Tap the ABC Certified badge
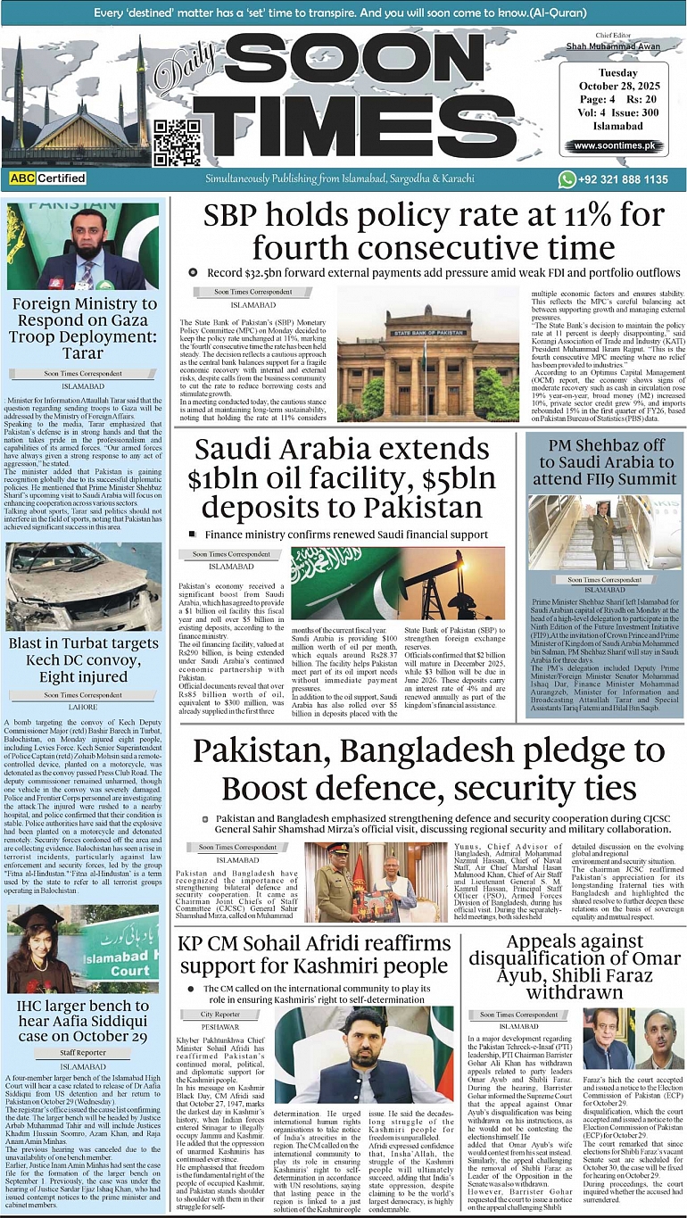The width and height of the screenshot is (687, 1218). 46,178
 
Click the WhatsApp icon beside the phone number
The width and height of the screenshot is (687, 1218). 567,178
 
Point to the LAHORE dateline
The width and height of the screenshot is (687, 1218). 83,707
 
